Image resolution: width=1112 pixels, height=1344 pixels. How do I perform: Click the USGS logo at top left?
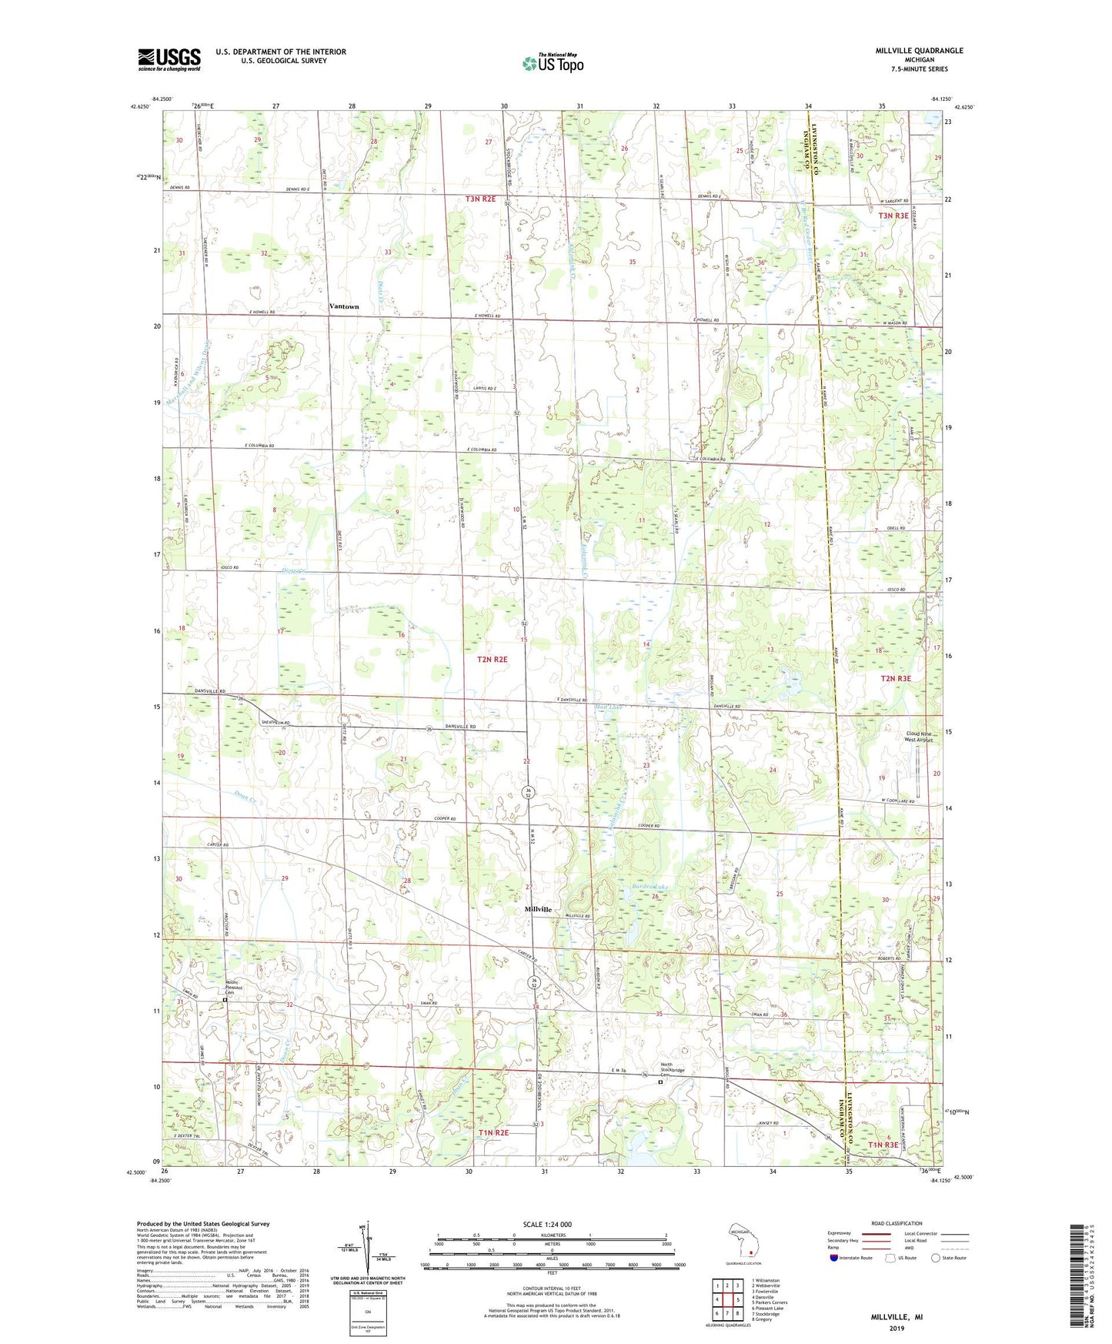[x=169, y=59]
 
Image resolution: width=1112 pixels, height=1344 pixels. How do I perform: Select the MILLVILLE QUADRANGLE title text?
[x=919, y=51]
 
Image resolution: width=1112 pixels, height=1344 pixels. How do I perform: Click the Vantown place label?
[x=344, y=306]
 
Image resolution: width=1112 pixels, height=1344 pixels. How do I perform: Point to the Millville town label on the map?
[x=538, y=909]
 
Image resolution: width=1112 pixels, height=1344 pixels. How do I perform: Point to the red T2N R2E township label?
[x=493, y=660]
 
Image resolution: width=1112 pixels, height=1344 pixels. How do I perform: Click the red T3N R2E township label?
[x=480, y=199]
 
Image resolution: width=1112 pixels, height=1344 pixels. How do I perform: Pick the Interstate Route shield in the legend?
[x=834, y=1258]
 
